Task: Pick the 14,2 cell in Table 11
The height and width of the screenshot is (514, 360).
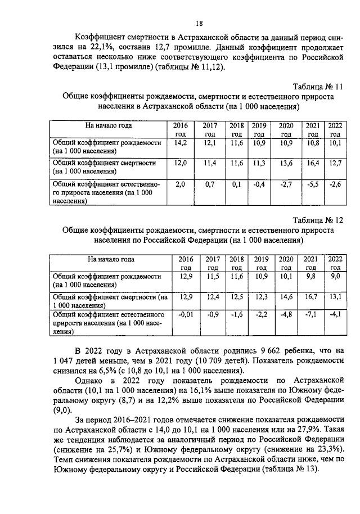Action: point(181,143)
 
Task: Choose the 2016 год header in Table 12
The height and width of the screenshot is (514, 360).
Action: point(185,263)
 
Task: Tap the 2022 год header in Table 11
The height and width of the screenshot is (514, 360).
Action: point(335,129)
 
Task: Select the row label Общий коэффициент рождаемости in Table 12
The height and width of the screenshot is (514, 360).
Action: point(107,281)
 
